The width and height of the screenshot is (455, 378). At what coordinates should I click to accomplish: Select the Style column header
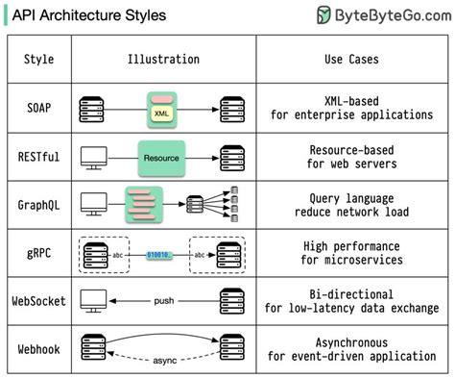click(x=39, y=60)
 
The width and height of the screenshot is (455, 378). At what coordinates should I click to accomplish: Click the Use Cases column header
click(x=350, y=60)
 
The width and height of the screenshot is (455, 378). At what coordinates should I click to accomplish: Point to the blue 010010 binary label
click(x=159, y=255)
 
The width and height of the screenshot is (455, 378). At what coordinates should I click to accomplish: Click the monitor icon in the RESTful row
click(x=93, y=155)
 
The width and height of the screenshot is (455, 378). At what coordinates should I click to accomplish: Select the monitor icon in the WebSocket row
click(x=93, y=300)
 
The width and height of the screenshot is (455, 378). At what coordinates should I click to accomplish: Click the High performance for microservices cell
click(x=350, y=254)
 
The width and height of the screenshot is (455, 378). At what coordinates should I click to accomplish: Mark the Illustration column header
click(x=163, y=60)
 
